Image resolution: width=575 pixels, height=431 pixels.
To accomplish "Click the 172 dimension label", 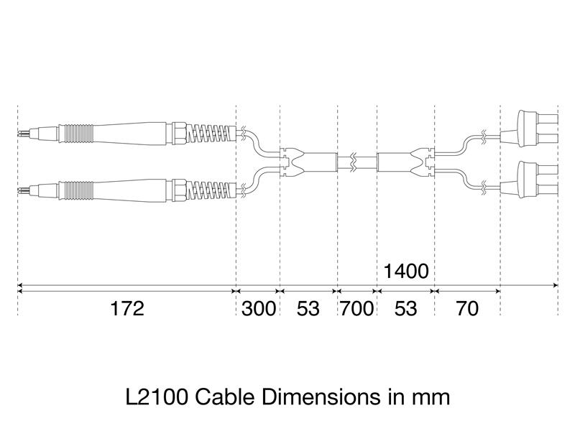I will (127, 309).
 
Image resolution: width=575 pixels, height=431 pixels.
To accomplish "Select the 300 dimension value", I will (258, 309).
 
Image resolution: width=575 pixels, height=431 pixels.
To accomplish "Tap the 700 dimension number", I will (357, 309).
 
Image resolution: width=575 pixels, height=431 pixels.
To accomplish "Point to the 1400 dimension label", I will (406, 272).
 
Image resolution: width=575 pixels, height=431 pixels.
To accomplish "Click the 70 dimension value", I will (467, 309).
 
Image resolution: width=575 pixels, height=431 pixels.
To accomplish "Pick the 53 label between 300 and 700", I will (308, 309).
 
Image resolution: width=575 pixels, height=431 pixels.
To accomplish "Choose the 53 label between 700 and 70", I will (406, 309).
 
